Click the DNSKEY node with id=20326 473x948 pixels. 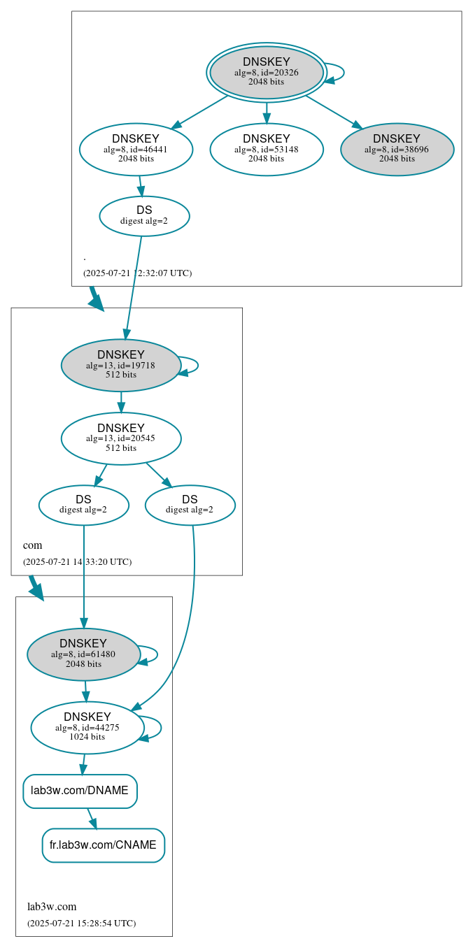pyautogui.click(x=267, y=72)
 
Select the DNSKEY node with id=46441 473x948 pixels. pyautogui.click(x=136, y=149)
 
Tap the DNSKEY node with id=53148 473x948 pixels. pyautogui.click(x=267, y=149)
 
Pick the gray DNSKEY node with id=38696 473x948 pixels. pyautogui.click(x=397, y=149)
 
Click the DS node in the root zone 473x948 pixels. pyautogui.click(x=144, y=215)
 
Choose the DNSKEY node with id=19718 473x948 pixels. pyautogui.click(x=121, y=365)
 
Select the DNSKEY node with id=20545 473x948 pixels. pyautogui.click(x=121, y=438)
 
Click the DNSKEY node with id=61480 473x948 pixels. pyautogui.click(x=83, y=654)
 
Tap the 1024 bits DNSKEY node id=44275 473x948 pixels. pyautogui.click(x=87, y=727)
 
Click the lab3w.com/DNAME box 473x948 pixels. pyautogui.click(x=80, y=791)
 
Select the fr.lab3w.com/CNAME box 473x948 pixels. pyautogui.click(x=103, y=845)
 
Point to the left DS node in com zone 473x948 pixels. pyautogui.click(x=83, y=505)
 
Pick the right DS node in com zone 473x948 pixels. pyautogui.click(x=190, y=505)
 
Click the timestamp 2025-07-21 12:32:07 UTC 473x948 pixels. pyautogui.click(x=137, y=273)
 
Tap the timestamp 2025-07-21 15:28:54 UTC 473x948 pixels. pyautogui.click(x=81, y=923)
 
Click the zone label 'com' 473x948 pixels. pyautogui.click(x=32, y=545)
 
